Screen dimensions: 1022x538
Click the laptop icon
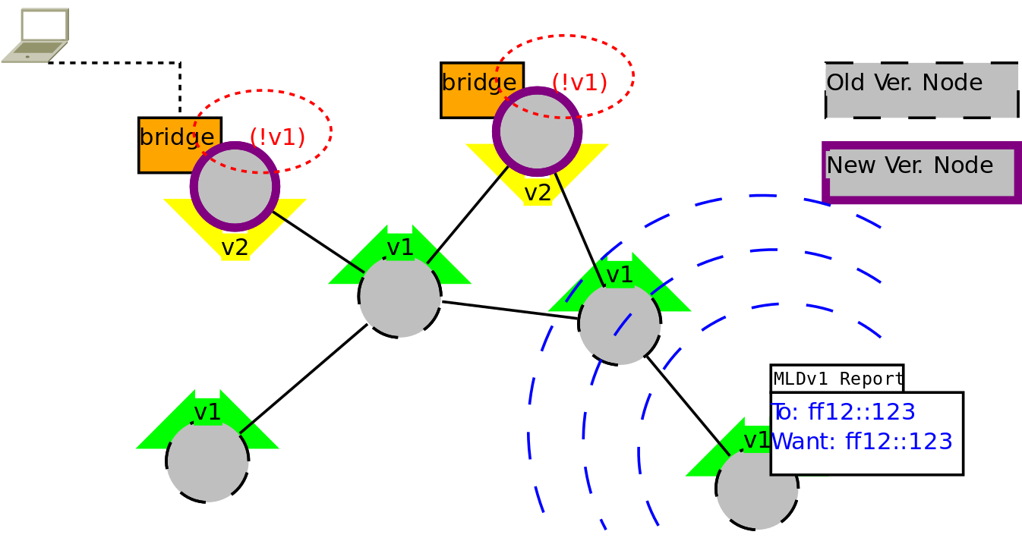36,36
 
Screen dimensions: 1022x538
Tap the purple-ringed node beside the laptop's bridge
235,187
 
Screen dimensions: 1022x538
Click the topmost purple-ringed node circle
537,131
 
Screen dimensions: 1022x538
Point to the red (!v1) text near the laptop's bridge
277,137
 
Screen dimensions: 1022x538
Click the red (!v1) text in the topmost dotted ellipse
579,82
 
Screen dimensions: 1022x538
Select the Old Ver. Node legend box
922,90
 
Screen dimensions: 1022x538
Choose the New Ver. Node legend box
922,172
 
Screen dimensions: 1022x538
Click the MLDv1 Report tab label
837,379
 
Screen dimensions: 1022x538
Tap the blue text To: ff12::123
843,412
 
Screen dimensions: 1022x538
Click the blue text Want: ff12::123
862,442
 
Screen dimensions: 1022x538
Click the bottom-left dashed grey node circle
207,461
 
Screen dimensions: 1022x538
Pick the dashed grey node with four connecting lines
399,297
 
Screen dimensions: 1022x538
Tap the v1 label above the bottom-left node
207,412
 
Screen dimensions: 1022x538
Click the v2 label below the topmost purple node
538,193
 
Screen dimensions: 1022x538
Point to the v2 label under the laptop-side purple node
235,247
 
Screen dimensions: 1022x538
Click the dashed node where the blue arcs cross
620,324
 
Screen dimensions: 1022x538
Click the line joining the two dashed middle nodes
510,310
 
